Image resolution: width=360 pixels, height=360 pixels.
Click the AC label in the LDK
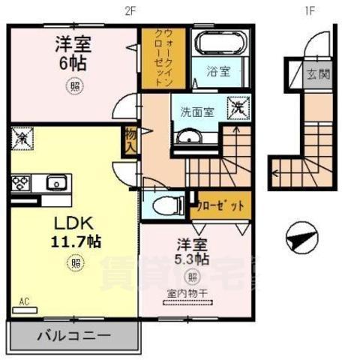coord(24,301)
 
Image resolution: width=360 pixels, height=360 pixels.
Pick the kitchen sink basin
coord(56,182)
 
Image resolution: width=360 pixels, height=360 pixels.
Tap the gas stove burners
coord(19,182)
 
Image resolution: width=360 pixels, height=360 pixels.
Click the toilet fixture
coord(162,203)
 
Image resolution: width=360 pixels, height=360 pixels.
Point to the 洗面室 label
coord(196,112)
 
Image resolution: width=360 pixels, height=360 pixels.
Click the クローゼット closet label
coord(220,206)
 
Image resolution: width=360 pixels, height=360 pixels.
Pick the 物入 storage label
coord(130,140)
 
